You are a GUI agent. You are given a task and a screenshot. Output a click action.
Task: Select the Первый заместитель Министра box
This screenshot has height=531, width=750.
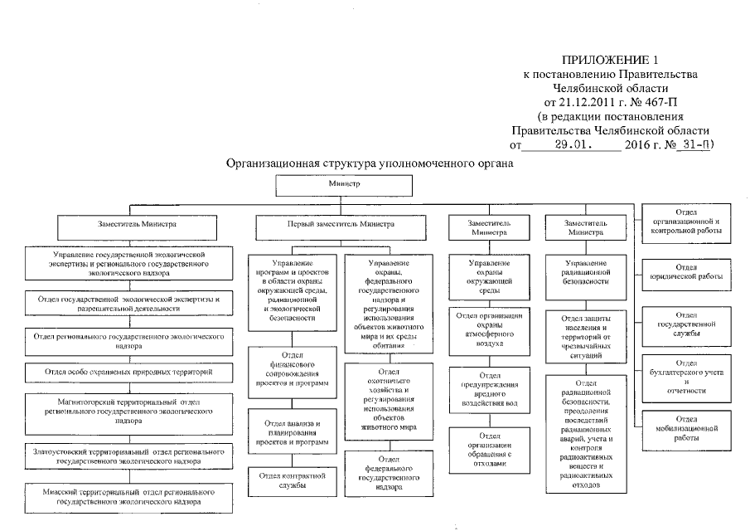(x=336, y=224)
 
